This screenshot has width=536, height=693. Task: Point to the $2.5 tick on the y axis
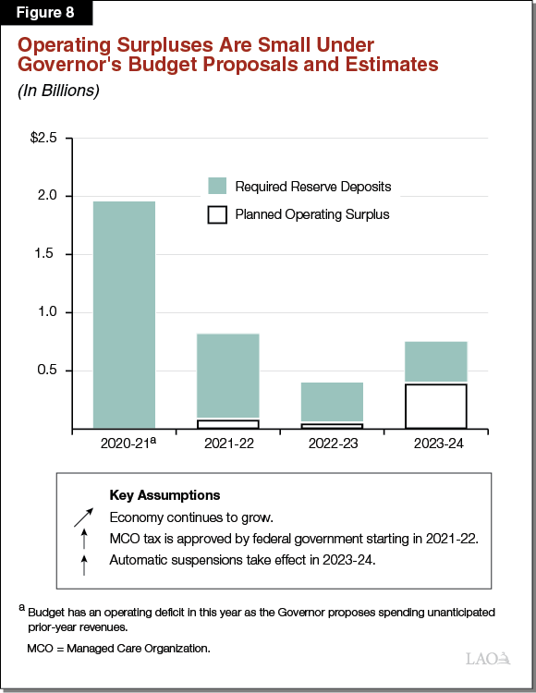point(43,138)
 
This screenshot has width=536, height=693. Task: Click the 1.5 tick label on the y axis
point(47,254)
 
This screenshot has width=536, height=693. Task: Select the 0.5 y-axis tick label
point(47,371)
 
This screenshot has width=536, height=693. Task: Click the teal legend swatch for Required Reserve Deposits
point(217,185)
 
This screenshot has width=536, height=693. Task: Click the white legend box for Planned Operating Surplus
point(217,214)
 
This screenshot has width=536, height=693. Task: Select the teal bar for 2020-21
point(125,314)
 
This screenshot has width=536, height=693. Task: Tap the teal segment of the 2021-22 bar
point(228,376)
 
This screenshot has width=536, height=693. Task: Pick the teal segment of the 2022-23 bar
point(332,402)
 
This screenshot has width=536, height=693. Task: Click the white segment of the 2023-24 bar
point(435,407)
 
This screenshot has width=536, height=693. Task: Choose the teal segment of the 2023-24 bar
point(435,362)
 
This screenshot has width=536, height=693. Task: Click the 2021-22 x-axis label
point(228,444)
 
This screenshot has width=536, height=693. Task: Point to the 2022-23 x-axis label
point(332,444)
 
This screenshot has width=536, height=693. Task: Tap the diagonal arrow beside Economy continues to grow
point(84,517)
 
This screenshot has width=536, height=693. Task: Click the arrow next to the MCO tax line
point(84,539)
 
